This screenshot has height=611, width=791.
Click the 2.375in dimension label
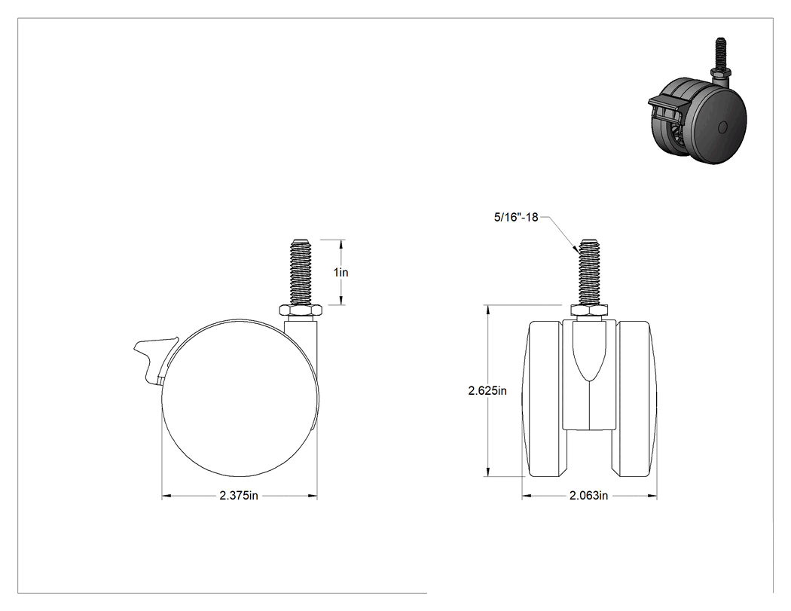coord(239,496)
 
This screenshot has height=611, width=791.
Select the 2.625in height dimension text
coord(487,390)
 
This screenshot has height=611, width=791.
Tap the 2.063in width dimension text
coord(588,496)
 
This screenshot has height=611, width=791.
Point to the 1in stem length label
coord(341,273)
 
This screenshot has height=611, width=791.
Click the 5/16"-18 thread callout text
coord(516,218)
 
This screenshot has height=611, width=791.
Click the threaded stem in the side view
coord(301,272)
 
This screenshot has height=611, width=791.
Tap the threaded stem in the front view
coord(589,272)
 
